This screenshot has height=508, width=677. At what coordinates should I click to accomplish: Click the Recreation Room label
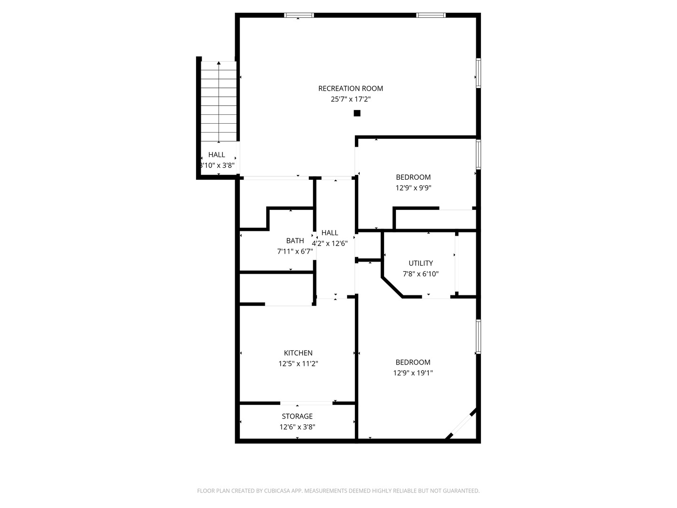[350, 88]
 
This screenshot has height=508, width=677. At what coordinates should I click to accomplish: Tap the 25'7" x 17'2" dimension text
[350, 99]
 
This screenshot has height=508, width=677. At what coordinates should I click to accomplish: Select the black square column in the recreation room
[357, 113]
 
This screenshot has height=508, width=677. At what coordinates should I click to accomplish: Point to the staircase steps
[219, 102]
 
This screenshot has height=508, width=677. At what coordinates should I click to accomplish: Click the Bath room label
[295, 240]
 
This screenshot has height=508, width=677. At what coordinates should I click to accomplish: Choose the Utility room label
[421, 263]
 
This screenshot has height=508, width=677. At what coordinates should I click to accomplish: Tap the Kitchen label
[298, 353]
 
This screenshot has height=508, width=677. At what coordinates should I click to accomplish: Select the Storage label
[297, 416]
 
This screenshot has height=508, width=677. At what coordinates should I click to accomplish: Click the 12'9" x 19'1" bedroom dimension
[413, 373]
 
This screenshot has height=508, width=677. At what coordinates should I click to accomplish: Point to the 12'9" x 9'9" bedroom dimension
[413, 188]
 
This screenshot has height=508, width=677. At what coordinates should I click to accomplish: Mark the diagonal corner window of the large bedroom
[461, 424]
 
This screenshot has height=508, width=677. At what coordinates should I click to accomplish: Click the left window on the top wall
[299, 15]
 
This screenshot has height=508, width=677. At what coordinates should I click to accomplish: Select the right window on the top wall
[431, 15]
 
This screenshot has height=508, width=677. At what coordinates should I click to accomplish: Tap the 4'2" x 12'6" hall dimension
[330, 244]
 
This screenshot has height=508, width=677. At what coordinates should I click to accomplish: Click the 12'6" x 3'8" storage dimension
[297, 427]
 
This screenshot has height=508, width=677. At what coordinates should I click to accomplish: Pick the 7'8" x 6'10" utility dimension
[421, 274]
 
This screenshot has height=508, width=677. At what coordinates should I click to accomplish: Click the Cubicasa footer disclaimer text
[338, 491]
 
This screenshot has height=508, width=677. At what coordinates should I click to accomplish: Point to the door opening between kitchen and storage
[306, 403]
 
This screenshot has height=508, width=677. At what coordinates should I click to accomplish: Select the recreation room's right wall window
[479, 73]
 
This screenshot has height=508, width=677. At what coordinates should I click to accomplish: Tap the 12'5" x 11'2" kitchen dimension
[298, 364]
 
